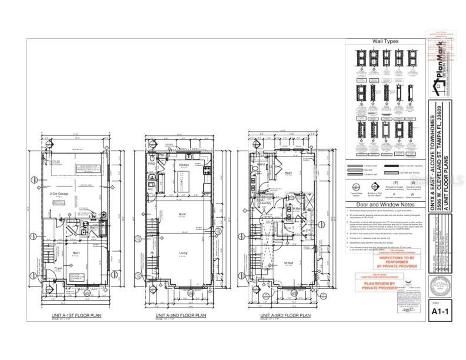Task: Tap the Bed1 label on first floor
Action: pyautogui.click(x=76, y=253)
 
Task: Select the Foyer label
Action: pyautogui.click(x=58, y=269)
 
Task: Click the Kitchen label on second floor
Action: pyautogui.click(x=183, y=165)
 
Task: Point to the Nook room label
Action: pyautogui.click(x=182, y=214)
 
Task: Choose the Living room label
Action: pyautogui.click(x=183, y=253)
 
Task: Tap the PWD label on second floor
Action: pyautogui.click(x=151, y=164)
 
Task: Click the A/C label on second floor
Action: pyautogui.click(x=150, y=189)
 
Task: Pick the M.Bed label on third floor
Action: pyautogui.click(x=288, y=263)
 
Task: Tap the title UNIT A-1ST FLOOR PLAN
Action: pyautogui.click(x=76, y=315)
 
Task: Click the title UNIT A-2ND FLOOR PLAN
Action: pyautogui.click(x=181, y=315)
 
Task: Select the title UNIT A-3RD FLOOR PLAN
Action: pyautogui.click(x=285, y=315)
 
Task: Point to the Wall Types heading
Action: pyautogui.click(x=385, y=41)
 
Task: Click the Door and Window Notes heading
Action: pyautogui.click(x=385, y=205)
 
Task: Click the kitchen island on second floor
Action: pyautogui.click(x=179, y=181)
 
